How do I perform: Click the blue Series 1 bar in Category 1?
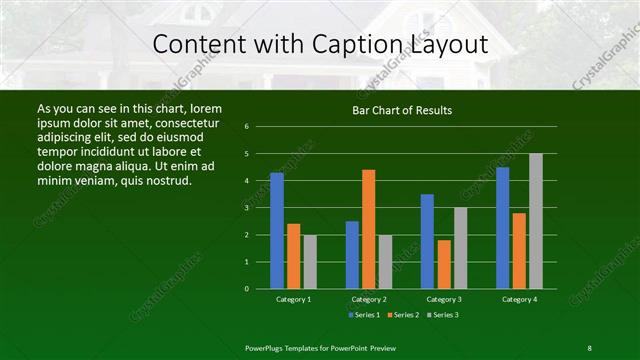pyautogui.click(x=277, y=231)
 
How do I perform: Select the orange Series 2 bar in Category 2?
pyautogui.click(x=369, y=229)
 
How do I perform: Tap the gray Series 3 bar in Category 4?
pyautogui.click(x=536, y=221)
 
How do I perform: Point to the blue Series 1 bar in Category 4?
pyautogui.click(x=503, y=228)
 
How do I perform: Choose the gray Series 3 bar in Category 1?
pyautogui.click(x=310, y=262)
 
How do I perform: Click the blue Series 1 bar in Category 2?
pyautogui.click(x=352, y=255)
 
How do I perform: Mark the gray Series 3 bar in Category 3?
pyautogui.click(x=460, y=248)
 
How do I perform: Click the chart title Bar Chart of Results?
pyautogui.click(x=403, y=110)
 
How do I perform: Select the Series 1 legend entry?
pyautogui.click(x=364, y=315)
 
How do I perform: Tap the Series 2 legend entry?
pyautogui.click(x=403, y=315)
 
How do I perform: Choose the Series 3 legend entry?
pyautogui.click(x=442, y=315)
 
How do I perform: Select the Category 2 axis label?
pyautogui.click(x=369, y=299)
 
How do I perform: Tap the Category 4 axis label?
pyautogui.click(x=519, y=299)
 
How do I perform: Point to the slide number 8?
pyautogui.click(x=589, y=347)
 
